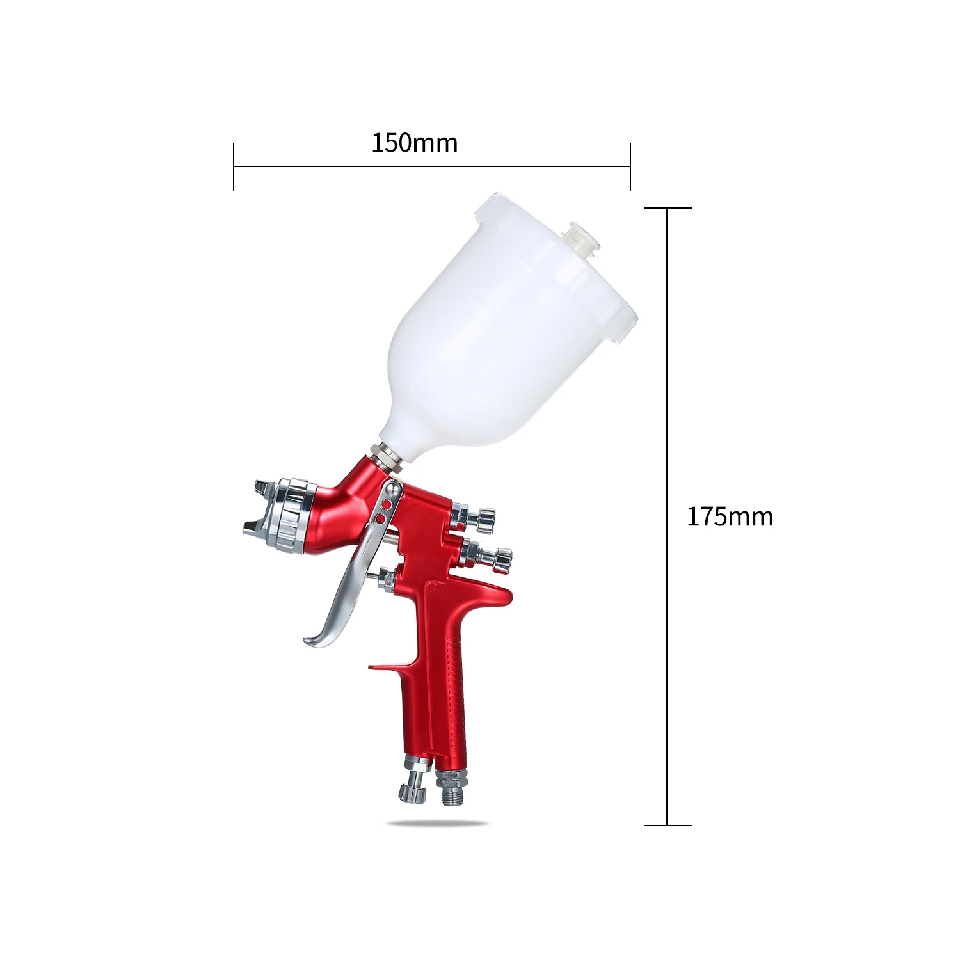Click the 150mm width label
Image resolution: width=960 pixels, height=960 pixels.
click(x=415, y=143)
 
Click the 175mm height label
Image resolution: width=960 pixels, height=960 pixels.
click(x=730, y=516)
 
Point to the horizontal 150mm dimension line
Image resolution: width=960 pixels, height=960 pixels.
click(x=432, y=166)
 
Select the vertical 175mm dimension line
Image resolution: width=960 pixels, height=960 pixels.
click(x=667, y=516)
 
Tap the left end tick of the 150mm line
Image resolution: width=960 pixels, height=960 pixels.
click(x=234, y=166)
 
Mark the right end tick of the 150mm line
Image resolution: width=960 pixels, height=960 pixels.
click(x=630, y=166)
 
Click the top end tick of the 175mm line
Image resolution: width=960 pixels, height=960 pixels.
click(x=668, y=208)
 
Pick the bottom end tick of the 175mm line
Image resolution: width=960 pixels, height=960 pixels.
click(x=668, y=826)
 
